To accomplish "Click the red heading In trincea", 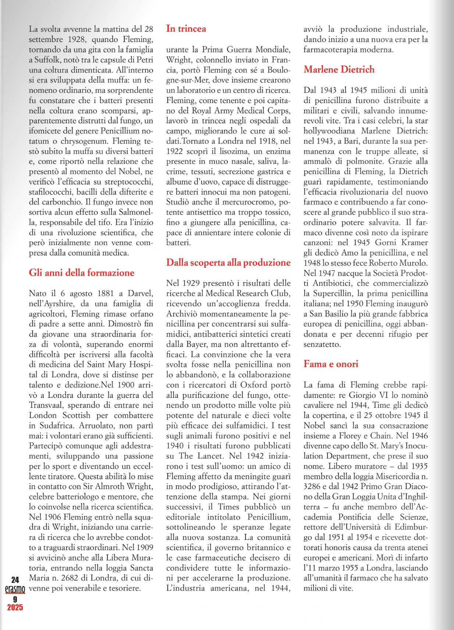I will tap(186, 29).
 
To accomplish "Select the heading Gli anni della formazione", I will tap(81, 273).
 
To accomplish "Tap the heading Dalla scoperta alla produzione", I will tap(228, 262).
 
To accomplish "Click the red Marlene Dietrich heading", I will tap(339, 70).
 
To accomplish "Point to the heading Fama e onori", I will tap(331, 364).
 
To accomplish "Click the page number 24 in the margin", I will tap(15, 580).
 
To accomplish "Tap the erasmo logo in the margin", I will tap(15, 590).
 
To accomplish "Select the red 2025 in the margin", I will tap(15, 608).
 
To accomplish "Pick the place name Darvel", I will tap(140, 293).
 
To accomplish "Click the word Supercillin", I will tap(333, 294).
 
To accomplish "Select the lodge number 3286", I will tap(313, 486).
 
